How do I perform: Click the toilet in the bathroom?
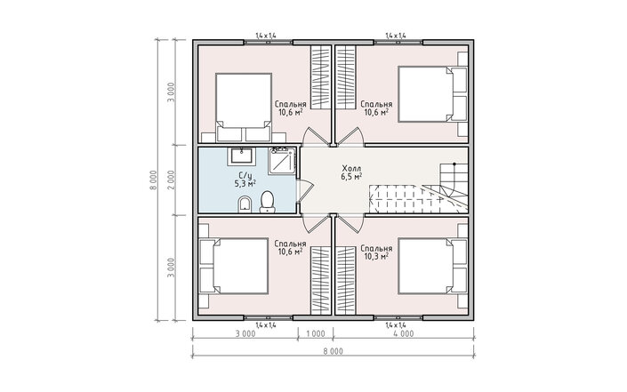point(267,202)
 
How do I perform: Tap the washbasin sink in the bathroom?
point(242,156)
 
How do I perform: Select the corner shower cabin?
point(282,161)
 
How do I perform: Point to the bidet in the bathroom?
point(245,205)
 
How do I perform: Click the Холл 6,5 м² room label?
point(352,172)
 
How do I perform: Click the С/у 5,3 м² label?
point(245,180)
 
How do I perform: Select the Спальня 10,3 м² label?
point(376,252)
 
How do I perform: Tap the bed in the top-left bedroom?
point(244,107)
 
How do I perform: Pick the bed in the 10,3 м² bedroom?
point(432,266)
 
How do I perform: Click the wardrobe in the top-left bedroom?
point(321,77)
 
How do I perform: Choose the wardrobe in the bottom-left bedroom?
point(321,280)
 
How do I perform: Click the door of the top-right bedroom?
point(350,136)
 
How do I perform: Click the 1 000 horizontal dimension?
point(316,333)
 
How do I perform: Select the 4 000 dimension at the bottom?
point(404,333)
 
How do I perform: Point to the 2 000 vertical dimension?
point(171,180)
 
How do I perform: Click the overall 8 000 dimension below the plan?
point(334,352)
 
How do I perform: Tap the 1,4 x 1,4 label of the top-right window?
point(396,36)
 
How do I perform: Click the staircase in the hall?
point(418,188)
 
